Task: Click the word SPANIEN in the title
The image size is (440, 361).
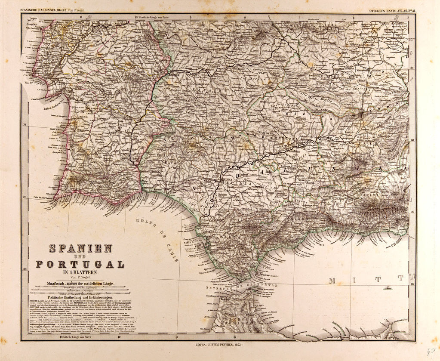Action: (81, 249)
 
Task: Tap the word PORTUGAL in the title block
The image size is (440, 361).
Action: (80, 264)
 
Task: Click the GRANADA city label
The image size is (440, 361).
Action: (368, 194)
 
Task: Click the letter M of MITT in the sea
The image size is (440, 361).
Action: (332, 281)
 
